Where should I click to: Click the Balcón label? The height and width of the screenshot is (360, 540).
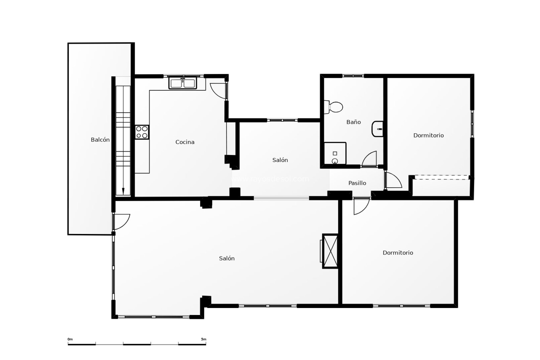tap(100, 140)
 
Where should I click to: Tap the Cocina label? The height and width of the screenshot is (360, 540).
tap(185, 142)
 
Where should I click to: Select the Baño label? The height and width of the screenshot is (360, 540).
tap(354, 122)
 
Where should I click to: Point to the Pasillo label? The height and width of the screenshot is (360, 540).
tap(357, 183)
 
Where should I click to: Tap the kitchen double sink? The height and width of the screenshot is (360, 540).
tap(183, 84)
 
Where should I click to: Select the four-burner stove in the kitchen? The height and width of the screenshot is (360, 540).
tap(142, 132)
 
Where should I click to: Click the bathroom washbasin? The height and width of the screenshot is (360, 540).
tap(377, 129)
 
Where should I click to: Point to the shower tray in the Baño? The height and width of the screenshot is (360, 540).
tap(335, 154)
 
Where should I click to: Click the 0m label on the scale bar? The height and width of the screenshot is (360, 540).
tap(70, 339)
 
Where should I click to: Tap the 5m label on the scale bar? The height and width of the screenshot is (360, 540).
tap(204, 339)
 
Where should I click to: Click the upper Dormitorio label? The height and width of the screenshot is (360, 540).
tap(428, 135)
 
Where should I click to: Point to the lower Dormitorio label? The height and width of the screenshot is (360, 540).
tap(398, 253)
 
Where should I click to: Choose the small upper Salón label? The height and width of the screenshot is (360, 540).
tap(280, 160)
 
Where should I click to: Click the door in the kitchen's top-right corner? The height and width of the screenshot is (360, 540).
tap(219, 91)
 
